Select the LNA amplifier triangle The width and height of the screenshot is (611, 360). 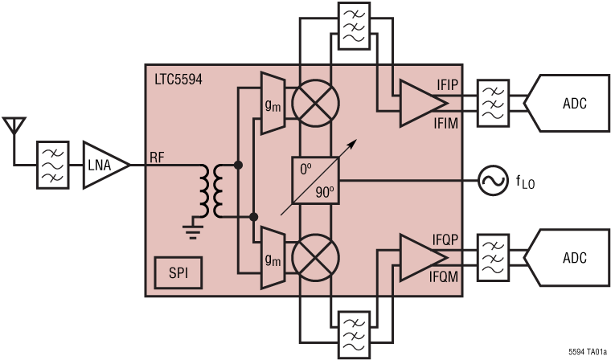click(104, 165)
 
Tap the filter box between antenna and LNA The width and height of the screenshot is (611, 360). click(52, 165)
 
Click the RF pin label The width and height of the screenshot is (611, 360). click(158, 157)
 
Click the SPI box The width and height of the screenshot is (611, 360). click(178, 274)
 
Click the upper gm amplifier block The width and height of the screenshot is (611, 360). click(273, 104)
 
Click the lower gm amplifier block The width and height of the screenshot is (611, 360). click(273, 257)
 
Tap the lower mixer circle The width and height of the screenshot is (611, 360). click(314, 257)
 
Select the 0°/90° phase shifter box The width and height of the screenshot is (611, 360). click(315, 180)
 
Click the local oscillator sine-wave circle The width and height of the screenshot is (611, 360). click(490, 180)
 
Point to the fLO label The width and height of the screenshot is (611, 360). click(525, 182)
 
